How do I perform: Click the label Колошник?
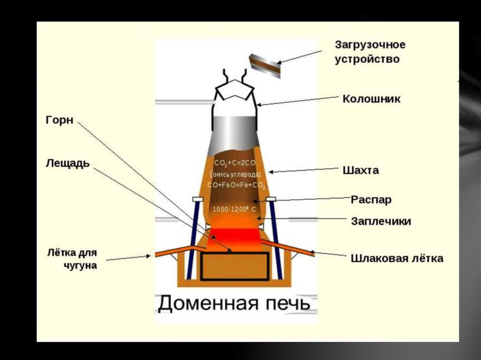372,99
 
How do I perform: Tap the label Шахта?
360,170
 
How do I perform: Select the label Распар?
371,199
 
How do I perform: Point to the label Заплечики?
381,221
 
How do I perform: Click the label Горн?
60,120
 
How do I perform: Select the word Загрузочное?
370,45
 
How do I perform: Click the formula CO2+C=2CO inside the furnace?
235,163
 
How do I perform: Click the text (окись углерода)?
235,174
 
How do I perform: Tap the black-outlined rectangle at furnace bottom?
235,266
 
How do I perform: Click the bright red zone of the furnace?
234,235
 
